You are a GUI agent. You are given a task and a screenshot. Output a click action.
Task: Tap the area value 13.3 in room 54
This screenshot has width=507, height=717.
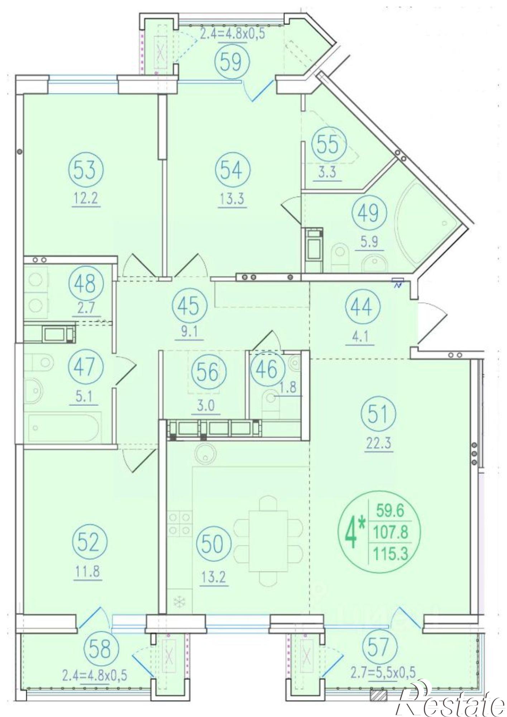232,198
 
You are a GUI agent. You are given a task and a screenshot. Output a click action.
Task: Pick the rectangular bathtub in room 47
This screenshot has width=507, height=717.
63,427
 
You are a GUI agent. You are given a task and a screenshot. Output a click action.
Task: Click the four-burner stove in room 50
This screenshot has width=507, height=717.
180,524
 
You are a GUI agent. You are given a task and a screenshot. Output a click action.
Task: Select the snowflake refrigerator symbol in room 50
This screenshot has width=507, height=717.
178,603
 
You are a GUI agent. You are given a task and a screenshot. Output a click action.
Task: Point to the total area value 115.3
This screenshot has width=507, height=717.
391,554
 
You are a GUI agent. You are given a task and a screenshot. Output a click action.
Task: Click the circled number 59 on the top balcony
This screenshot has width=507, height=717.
232,61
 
